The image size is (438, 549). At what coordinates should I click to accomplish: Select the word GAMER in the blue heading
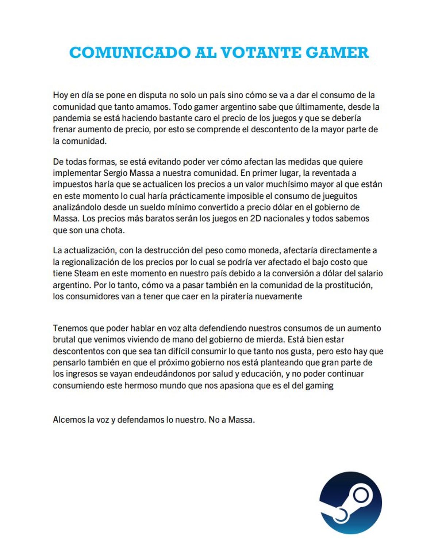coord(337,53)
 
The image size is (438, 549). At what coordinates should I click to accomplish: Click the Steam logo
coord(350,503)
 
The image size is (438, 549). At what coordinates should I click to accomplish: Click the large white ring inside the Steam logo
coord(361,496)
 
